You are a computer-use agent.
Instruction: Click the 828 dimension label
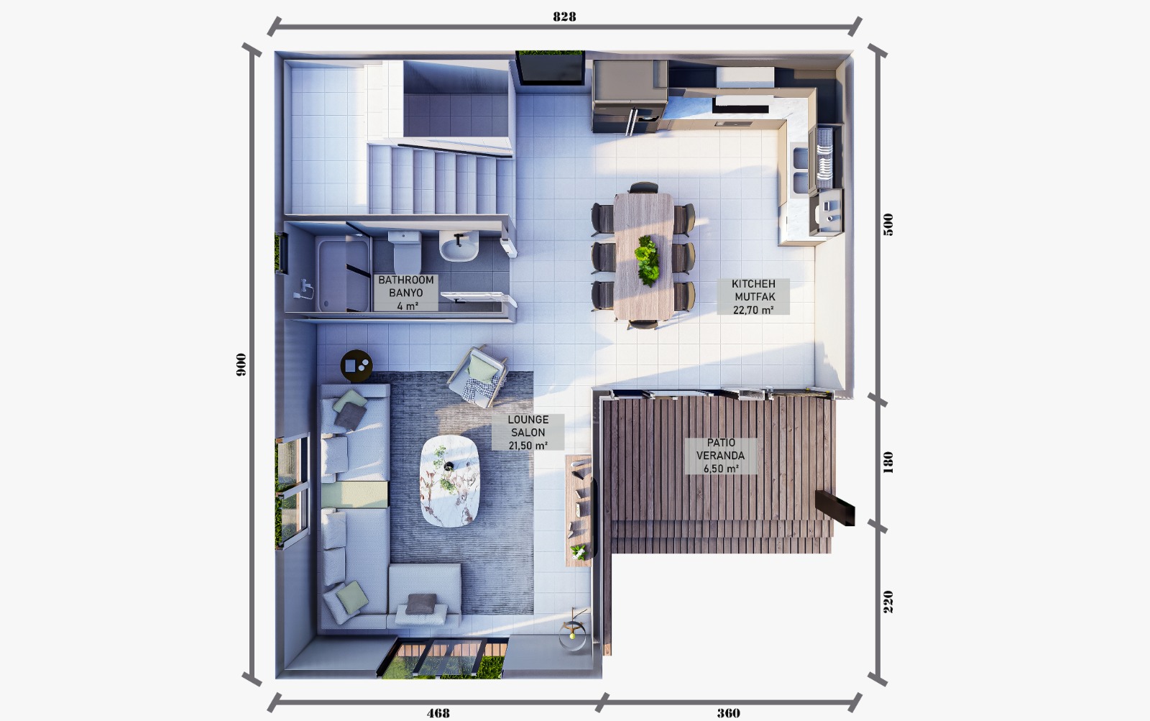[564, 17]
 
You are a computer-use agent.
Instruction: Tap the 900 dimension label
[241, 364]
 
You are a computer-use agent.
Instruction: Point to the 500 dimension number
[888, 224]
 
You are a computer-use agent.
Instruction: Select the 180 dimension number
[888, 462]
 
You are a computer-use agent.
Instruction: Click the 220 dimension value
[888, 602]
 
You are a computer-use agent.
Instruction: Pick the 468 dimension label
[438, 713]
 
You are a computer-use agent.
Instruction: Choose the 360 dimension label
[728, 713]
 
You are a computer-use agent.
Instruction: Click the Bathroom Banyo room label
[406, 293]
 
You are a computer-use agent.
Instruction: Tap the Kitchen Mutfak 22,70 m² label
[753, 297]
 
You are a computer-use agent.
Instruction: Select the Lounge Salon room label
[528, 433]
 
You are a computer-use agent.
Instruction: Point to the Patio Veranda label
[720, 456]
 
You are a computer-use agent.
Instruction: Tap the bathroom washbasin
[459, 245]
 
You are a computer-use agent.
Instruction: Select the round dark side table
[356, 366]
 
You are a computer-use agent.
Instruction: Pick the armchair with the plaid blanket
[478, 377]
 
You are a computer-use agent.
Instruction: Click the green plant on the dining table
[646, 260]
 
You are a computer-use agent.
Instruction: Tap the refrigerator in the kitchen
[630, 96]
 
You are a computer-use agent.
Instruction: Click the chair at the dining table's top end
[643, 188]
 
